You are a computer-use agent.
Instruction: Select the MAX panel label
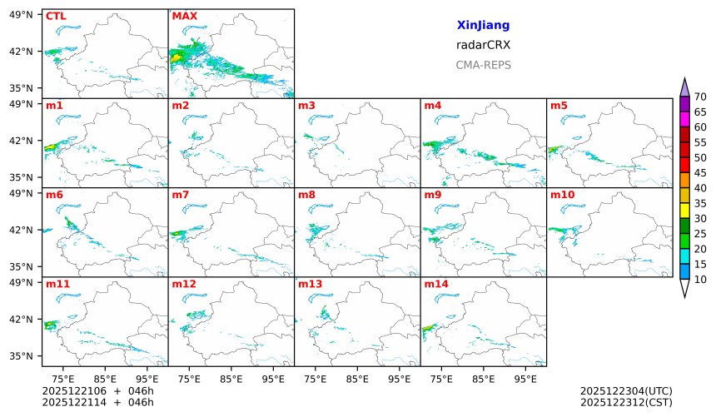coord(184,16)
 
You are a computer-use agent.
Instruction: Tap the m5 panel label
coord(559,106)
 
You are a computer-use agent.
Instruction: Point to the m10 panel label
coord(562,195)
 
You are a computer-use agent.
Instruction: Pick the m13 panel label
coord(310,284)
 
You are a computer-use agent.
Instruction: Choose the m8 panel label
coord(307,195)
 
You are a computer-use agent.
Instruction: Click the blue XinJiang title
coord(483,26)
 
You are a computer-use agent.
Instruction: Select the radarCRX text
coord(483,45)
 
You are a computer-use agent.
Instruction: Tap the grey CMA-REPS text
coord(483,65)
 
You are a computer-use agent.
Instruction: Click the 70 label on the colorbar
coord(700,97)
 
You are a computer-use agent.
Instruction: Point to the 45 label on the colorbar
coord(700,172)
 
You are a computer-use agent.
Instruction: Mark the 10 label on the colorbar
coord(700,280)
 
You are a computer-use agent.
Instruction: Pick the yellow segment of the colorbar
coord(684,210)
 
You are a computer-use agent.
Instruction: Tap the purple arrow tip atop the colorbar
coord(684,86)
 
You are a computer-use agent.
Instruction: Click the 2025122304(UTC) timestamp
coord(625,390)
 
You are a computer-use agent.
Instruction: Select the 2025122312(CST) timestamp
coord(625,402)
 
